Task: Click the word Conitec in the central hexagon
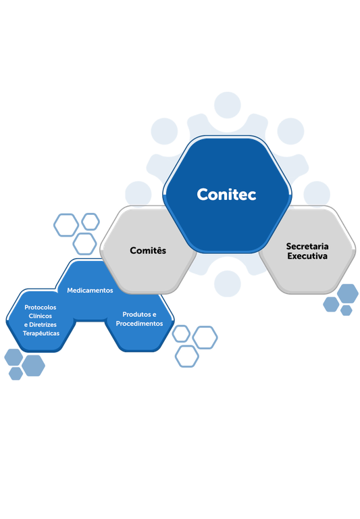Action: [227, 194]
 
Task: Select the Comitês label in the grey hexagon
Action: [148, 251]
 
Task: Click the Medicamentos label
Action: [90, 290]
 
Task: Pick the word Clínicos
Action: [40, 316]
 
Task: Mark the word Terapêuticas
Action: [41, 333]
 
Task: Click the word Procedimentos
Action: [139, 324]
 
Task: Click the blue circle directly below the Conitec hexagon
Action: [227, 283]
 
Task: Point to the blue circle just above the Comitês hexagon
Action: [138, 194]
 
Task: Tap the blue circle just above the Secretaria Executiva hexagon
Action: [316, 194]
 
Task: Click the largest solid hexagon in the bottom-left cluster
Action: [33, 365]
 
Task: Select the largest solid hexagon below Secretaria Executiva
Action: [347, 293]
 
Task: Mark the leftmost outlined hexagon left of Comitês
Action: [66, 224]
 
